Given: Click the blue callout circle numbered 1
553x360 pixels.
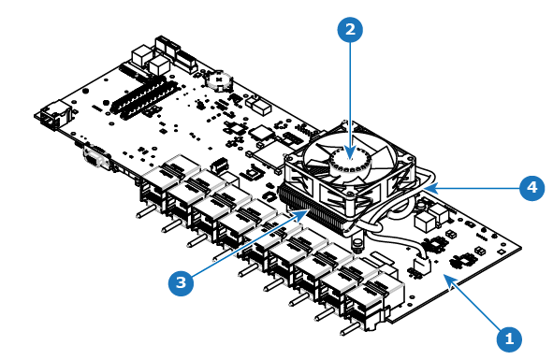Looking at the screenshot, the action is (509, 339).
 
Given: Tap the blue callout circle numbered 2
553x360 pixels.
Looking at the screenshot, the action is (350, 29).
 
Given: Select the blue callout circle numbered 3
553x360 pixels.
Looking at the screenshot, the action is (181, 282).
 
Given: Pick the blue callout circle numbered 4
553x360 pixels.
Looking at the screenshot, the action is (532, 188).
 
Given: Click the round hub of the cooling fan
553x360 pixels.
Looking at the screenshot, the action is (350, 161).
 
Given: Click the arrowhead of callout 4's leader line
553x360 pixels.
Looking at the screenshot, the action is (431, 189).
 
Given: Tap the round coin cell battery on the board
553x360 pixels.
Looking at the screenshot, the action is (219, 81).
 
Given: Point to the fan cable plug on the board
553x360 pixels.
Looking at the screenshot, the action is (421, 265).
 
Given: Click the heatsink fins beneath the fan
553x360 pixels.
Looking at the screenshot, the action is (313, 210).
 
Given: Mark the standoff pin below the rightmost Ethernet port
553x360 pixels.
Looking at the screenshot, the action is (351, 329).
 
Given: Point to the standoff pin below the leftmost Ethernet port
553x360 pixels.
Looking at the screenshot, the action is (145, 210).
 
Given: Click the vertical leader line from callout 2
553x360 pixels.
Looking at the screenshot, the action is (350, 100).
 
